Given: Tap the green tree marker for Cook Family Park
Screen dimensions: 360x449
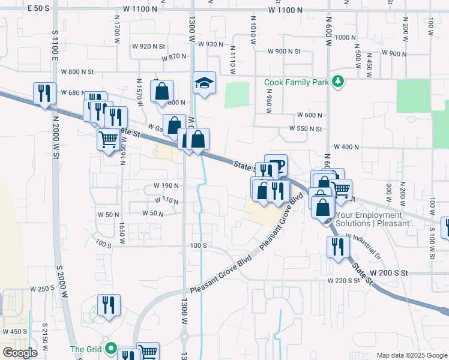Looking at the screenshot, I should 338,82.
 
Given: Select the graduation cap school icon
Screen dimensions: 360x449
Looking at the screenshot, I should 204,83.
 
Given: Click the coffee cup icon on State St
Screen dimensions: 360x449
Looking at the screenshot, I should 276,165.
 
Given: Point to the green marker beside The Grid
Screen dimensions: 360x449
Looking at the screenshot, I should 110,348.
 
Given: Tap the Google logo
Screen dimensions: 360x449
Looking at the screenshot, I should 20,353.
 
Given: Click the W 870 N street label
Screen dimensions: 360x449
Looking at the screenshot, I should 175,57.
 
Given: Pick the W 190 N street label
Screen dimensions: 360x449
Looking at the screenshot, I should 166,185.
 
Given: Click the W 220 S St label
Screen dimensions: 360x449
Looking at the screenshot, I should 343,280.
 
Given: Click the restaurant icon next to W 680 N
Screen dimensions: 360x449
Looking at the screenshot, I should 43,93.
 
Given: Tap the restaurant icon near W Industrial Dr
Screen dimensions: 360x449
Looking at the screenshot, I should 338,246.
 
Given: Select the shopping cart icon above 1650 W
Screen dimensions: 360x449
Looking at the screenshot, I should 108,139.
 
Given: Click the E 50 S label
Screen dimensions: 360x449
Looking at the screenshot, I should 38,8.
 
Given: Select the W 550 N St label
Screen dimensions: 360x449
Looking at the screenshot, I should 306,128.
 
